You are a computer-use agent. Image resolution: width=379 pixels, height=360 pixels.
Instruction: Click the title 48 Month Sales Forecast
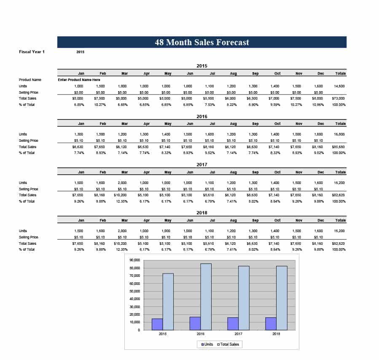pos(202,42)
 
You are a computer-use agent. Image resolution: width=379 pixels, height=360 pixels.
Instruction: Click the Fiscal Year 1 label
pos(32,51)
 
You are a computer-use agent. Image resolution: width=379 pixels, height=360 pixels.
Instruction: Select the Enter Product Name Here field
pos(79,79)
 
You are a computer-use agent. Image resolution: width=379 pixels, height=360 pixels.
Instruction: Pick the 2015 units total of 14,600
pos(339,86)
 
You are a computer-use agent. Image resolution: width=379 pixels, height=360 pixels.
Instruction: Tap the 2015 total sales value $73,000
pos(339,98)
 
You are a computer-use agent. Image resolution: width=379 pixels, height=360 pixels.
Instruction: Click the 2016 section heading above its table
pos(202,116)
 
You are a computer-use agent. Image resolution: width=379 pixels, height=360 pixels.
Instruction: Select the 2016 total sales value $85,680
pos(339,147)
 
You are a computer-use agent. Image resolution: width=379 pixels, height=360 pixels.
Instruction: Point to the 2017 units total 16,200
pos(339,183)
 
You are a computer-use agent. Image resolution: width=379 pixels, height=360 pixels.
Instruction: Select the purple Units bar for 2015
pos(157,324)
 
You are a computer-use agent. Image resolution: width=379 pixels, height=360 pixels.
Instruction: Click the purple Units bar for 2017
pos(233,324)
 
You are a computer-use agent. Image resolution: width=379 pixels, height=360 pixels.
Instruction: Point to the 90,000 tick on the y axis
pos(135,260)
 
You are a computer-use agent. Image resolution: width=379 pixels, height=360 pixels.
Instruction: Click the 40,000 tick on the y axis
pos(135,299)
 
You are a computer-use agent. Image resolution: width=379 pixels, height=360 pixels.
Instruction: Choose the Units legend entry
pos(207,344)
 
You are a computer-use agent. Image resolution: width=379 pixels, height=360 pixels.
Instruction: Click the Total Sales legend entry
pos(228,344)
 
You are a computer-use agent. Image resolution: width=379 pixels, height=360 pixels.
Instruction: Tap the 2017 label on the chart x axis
pos(238,334)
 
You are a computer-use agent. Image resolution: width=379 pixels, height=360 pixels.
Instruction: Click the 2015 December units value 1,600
pos(319,86)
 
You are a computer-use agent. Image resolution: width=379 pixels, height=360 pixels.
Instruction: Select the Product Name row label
pos(30,79)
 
